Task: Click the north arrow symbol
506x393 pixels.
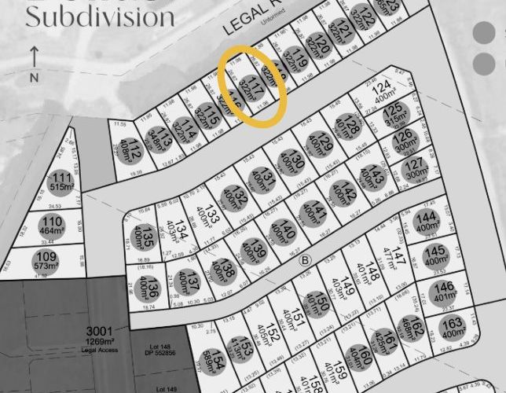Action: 34,62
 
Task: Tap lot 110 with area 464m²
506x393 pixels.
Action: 53,225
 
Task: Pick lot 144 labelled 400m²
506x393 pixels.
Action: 427,222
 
